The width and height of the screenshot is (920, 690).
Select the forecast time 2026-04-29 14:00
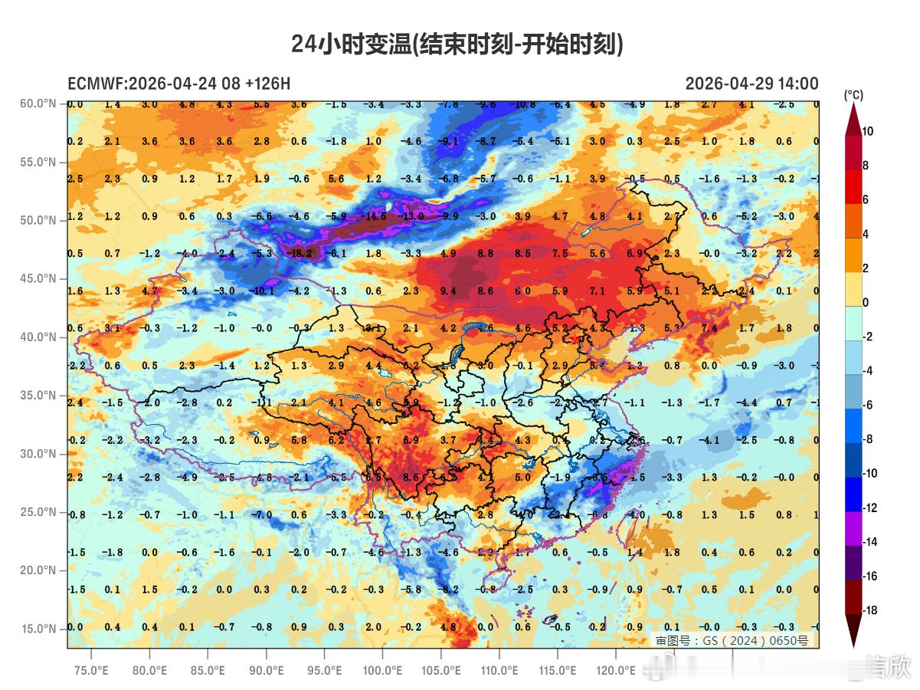tap(751, 84)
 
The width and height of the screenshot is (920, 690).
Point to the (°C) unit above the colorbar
tap(853, 96)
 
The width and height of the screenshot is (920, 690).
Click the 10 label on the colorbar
tap(868, 131)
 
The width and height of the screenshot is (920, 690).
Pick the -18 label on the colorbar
tap(869, 610)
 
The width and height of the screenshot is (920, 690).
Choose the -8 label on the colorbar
tap(869, 439)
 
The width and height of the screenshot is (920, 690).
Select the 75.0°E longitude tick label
tap(91, 670)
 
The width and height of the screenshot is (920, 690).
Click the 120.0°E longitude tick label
tap(616, 670)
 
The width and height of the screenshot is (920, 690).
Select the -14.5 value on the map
tap(375, 217)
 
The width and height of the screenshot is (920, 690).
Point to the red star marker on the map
tap(575, 337)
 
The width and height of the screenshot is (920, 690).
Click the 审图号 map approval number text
tap(731, 640)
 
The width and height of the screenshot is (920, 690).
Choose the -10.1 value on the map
tap(262, 291)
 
